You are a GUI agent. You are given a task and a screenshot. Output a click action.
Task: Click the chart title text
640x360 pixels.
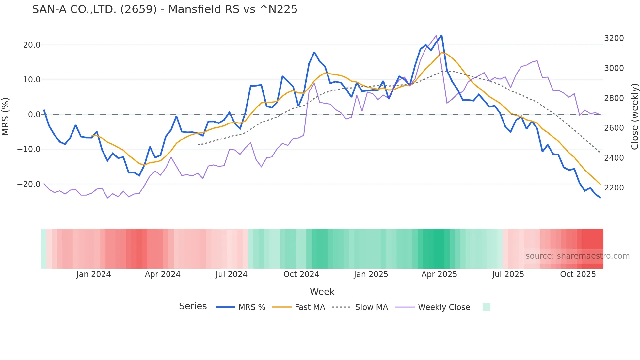point(165,9)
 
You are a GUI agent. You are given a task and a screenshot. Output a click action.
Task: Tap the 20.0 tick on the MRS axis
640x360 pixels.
point(32,45)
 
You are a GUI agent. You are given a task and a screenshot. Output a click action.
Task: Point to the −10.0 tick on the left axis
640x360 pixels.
point(29,149)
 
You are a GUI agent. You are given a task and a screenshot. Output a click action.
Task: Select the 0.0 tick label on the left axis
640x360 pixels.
point(34,115)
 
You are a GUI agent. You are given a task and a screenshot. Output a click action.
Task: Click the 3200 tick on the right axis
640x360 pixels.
point(614,38)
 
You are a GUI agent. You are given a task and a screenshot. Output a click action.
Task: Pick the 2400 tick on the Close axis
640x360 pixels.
point(614,158)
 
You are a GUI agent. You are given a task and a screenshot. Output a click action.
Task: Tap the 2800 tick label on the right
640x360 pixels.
point(614,98)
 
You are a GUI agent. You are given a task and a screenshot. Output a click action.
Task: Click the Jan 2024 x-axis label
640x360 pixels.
point(94,274)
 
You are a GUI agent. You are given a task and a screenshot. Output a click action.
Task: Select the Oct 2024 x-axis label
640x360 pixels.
point(301,274)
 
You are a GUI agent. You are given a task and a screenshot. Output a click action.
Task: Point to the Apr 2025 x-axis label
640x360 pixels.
point(439,274)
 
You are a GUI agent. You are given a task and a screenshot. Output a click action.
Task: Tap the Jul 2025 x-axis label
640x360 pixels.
point(508,274)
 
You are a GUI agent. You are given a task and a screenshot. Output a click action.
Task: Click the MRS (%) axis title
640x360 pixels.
point(6,116)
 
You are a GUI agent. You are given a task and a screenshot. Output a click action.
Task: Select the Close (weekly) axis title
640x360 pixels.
point(634,117)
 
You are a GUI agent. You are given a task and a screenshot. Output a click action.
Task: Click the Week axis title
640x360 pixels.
point(322,292)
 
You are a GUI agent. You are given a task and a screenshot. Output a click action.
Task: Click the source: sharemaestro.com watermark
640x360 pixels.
point(577,256)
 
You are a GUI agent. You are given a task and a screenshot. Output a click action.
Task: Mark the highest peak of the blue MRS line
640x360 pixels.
point(441,36)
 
